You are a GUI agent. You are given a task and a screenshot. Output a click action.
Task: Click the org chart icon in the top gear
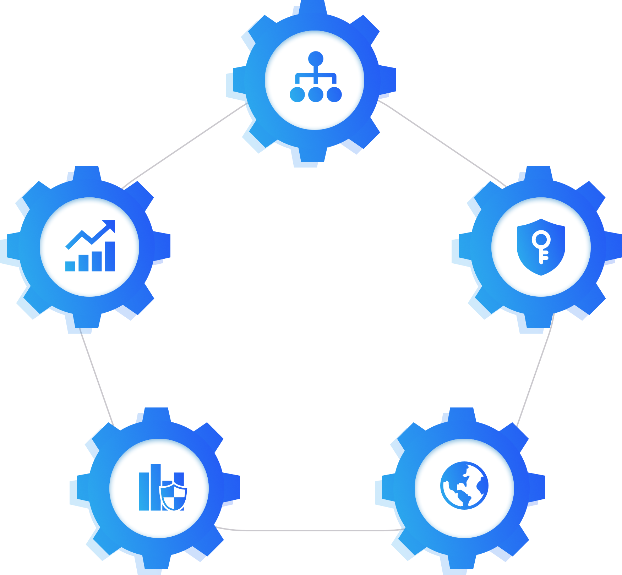pos(315,77)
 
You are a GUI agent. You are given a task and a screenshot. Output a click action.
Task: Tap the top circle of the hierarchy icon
pos(316,58)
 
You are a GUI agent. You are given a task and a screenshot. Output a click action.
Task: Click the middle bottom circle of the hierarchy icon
pos(316,94)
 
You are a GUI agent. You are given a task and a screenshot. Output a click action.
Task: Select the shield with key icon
pos(541,247)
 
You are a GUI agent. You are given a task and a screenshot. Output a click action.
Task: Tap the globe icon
pos(464,486)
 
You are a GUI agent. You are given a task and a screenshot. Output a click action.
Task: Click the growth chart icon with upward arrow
pos(90,246)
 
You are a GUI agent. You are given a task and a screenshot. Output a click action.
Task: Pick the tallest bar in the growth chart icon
pos(110,256)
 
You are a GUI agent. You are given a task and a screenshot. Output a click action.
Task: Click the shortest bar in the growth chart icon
pos(70,266)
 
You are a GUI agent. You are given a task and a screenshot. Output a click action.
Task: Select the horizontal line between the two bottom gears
pos(309,531)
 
